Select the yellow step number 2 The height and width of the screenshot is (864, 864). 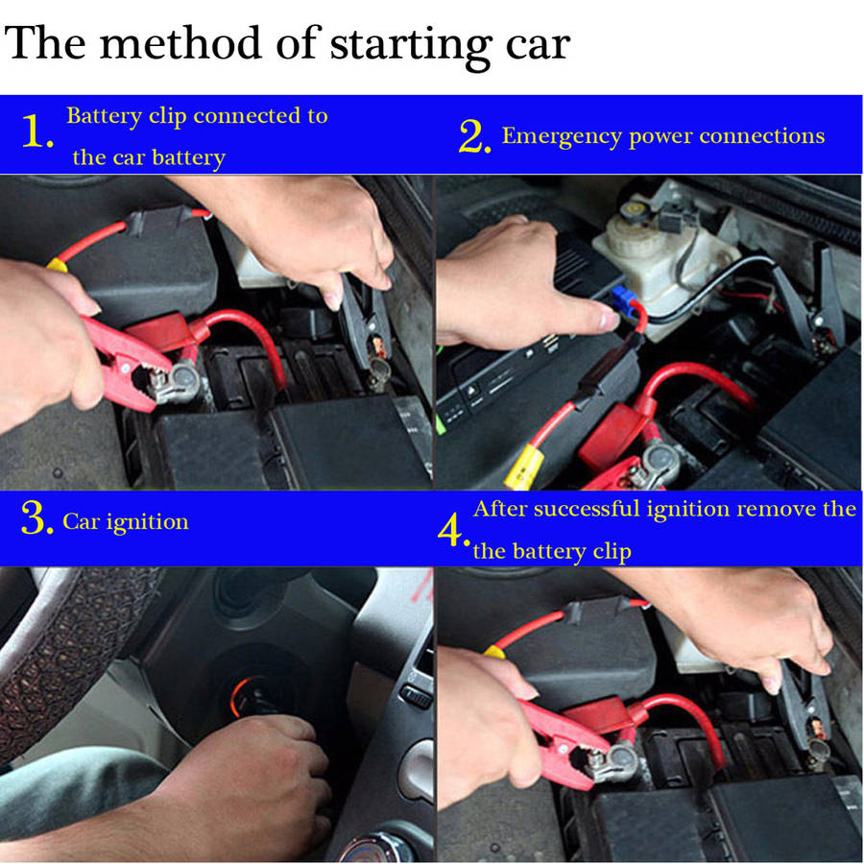coord(474,136)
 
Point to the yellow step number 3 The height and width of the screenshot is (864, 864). coord(36,518)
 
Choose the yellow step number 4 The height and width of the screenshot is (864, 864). coord(454,530)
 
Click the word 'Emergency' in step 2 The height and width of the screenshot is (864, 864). coord(562,136)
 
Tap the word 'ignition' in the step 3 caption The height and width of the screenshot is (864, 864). coord(148,522)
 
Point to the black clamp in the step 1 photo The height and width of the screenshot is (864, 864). coord(365,325)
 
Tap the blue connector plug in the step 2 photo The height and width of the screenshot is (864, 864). coord(623,299)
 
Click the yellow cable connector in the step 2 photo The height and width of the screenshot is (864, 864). coord(524,467)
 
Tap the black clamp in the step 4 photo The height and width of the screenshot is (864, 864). coord(804,710)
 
